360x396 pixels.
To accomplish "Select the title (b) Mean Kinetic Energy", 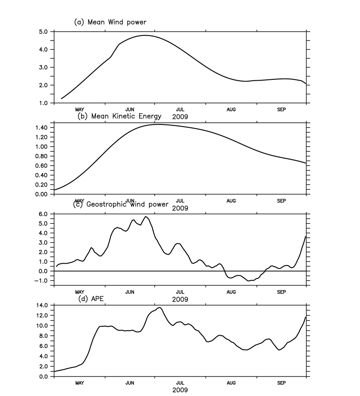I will [x=119, y=116].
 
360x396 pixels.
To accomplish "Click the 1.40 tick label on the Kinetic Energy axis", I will [x=43, y=128].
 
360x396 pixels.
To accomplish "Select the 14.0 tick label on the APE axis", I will [x=43, y=305].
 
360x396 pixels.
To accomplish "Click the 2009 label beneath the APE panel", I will [x=180, y=390].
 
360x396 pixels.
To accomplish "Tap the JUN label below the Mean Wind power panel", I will [x=130, y=109].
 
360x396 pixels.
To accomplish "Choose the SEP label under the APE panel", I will [x=281, y=383].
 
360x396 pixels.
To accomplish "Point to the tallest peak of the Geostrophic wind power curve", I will [x=146, y=216].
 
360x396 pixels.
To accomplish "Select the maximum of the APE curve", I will [x=160, y=308].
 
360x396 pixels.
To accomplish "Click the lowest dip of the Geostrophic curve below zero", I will [x=249, y=281].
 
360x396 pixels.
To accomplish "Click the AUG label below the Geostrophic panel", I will [x=231, y=292].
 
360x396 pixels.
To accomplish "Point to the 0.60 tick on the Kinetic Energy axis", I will [x=43, y=165].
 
